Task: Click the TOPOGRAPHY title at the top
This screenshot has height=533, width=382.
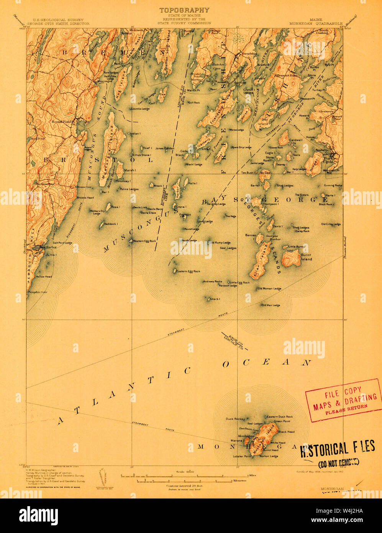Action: click(184, 10)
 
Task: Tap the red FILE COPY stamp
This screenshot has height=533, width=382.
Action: click(343, 400)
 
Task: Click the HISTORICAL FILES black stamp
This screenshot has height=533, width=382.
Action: click(337, 449)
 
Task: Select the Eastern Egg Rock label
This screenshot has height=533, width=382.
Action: click(188, 271)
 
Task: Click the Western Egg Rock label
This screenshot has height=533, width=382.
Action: click(144, 241)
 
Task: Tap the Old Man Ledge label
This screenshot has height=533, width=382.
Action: click(271, 305)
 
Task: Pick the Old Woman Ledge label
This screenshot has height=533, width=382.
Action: click(269, 288)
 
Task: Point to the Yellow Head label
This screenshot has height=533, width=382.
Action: click(43, 276)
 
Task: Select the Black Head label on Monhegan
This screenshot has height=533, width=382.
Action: click(286, 432)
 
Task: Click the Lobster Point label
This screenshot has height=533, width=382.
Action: click(243, 456)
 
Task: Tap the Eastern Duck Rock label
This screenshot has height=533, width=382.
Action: click(280, 416)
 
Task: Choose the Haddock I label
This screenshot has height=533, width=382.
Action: click(110, 224)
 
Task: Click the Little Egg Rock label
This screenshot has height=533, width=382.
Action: click(240, 283)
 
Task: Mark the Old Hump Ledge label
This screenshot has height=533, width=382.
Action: click(220, 242)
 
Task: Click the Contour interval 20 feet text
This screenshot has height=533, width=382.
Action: click(184, 485)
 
